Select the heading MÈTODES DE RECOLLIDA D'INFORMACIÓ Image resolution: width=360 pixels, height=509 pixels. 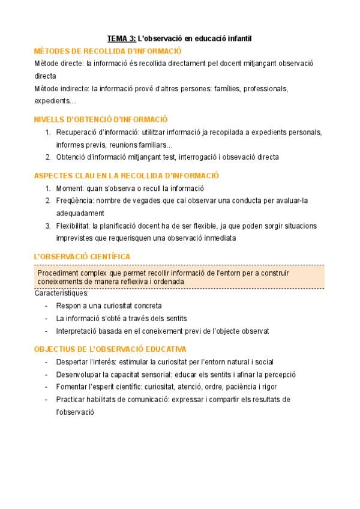coord(108,51)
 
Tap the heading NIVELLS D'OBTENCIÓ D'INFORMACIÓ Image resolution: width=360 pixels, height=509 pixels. coord(101,119)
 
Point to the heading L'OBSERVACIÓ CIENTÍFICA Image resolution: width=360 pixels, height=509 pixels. coord(82,257)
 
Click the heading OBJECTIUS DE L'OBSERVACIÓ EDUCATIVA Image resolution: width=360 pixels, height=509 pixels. coord(110,349)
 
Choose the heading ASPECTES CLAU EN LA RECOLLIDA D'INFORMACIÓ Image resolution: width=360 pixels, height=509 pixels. coord(127,175)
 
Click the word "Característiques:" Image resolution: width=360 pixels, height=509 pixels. coord(62,294)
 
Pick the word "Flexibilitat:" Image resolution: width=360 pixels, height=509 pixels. coord(73,226)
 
